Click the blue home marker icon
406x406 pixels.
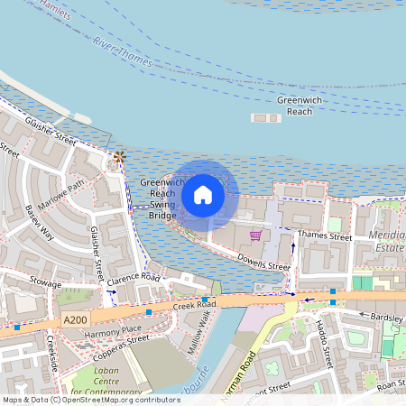pos(203,194)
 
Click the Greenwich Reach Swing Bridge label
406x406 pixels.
pos(163,198)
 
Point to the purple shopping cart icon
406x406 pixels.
pos(256,235)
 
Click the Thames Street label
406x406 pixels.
pos(325,236)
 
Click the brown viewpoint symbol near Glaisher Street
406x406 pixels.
pos(118,159)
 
